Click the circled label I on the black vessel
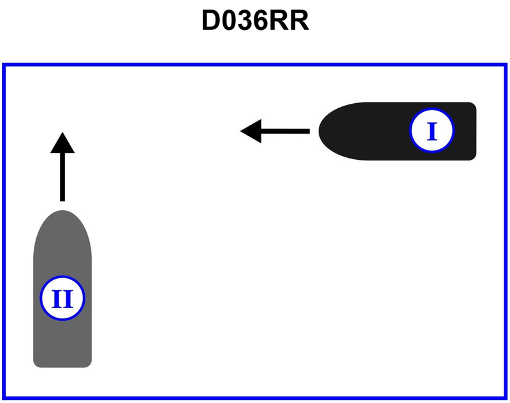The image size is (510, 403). point(432,131)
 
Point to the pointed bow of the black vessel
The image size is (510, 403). point(321,131)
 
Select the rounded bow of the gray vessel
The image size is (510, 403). point(62,213)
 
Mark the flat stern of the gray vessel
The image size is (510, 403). point(62,365)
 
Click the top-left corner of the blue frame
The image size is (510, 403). point(4,65)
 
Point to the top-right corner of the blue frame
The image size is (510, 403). point(506,65)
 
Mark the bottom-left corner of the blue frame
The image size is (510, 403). point(4,398)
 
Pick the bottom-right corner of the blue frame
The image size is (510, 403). point(506,398)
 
